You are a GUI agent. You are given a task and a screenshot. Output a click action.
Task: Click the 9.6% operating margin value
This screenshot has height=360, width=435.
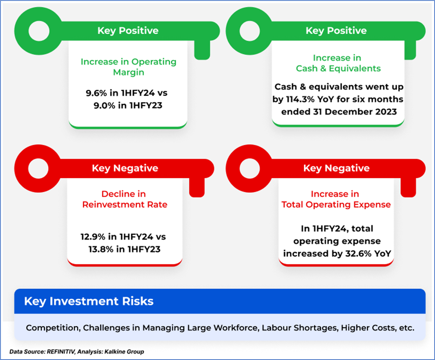tap(96, 93)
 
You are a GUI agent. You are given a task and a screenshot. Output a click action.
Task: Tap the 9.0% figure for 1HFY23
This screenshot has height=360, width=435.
tap(104, 106)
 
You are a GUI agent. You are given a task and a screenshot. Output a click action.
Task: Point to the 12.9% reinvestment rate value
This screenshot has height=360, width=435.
tap(93, 237)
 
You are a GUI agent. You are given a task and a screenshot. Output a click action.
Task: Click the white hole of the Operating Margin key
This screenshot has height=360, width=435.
tap(39, 31)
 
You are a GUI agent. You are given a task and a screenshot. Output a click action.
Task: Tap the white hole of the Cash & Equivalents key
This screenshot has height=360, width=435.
tap(250, 31)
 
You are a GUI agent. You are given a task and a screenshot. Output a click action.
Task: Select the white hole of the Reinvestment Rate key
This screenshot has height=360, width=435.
tap(38, 168)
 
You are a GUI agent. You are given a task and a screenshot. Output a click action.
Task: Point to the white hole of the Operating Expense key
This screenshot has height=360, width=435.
tap(250, 168)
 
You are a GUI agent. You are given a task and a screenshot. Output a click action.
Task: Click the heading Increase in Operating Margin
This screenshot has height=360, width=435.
tap(129, 67)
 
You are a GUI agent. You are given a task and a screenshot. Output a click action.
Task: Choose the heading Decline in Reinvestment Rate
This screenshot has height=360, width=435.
tap(125, 199)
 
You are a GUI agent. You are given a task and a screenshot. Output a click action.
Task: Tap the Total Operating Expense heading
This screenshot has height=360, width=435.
tap(336, 204)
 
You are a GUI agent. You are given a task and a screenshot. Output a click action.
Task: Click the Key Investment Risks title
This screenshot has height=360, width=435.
tap(89, 301)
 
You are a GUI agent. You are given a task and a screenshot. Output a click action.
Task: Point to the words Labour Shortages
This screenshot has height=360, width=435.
tap(300, 328)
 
